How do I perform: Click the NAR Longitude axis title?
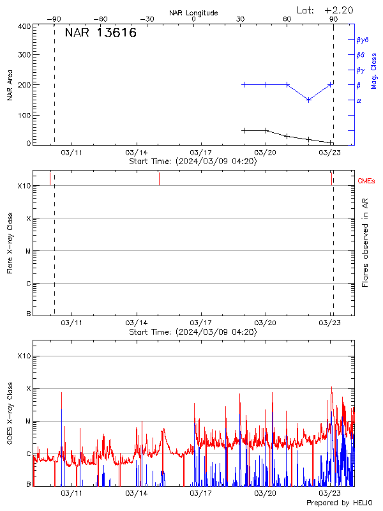point(193,12)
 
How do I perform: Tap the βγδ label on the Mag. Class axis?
point(363,40)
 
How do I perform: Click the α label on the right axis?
point(359,101)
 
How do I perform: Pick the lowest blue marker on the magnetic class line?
point(309,100)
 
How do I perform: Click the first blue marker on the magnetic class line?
point(244,84)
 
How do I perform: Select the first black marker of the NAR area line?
point(244,130)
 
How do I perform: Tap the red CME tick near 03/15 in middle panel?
point(159,179)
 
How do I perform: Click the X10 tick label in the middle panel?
point(24,186)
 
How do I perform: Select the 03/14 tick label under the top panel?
point(137,153)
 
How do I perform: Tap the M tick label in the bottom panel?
point(28,422)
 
